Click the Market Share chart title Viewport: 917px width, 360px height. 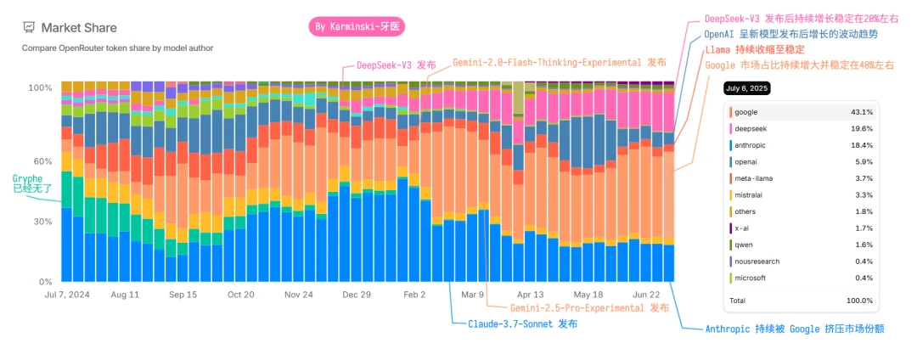click(77, 28)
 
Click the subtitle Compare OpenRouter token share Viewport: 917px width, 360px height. click(117, 48)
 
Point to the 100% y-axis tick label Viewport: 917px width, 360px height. click(40, 87)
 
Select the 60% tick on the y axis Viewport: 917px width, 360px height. click(42, 160)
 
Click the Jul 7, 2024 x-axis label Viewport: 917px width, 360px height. click(67, 295)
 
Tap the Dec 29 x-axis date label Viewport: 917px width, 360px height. click(357, 295)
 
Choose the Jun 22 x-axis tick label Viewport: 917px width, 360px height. click(646, 295)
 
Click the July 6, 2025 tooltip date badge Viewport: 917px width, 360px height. click(746, 88)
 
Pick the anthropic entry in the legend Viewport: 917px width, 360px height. click(752, 145)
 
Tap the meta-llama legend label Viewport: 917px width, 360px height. click(754, 178)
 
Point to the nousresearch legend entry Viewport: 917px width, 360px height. click(757, 262)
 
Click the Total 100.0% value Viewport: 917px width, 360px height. click(859, 301)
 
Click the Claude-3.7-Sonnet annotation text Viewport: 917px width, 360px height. click(523, 324)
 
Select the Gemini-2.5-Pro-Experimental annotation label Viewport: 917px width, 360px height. click(589, 307)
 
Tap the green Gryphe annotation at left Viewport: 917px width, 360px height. click(31, 182)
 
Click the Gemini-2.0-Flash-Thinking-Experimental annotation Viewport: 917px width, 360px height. click(559, 63)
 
